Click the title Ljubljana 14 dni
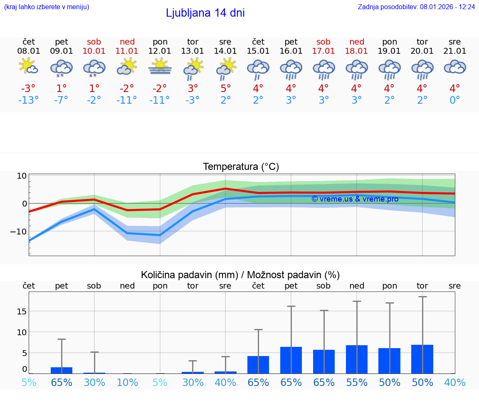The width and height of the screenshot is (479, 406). pos(205,13)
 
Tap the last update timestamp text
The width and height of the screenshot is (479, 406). pos(416,7)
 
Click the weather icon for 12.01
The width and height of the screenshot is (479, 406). pos(160,67)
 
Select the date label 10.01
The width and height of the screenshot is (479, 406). pos(94,51)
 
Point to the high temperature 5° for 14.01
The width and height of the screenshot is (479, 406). pos(225,89)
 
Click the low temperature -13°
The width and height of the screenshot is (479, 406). pos(29,100)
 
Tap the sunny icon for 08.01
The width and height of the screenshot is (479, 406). pos(29,67)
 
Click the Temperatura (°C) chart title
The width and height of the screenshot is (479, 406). pos(241,167)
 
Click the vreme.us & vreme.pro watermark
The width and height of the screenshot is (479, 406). pos(355,199)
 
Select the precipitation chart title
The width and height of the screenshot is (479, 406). pos(240,275)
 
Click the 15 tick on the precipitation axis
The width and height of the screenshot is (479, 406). pos(22,311)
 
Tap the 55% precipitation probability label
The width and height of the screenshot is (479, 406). pos(357,383)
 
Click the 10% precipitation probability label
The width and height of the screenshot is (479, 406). pos(127,383)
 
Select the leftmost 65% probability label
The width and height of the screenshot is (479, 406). pos(62,383)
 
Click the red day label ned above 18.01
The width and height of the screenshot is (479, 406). pos(357,42)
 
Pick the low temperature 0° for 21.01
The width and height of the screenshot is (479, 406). pos(455,100)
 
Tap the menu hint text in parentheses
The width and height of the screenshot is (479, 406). pos(47,7)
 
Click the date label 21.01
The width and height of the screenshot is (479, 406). pos(455,51)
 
